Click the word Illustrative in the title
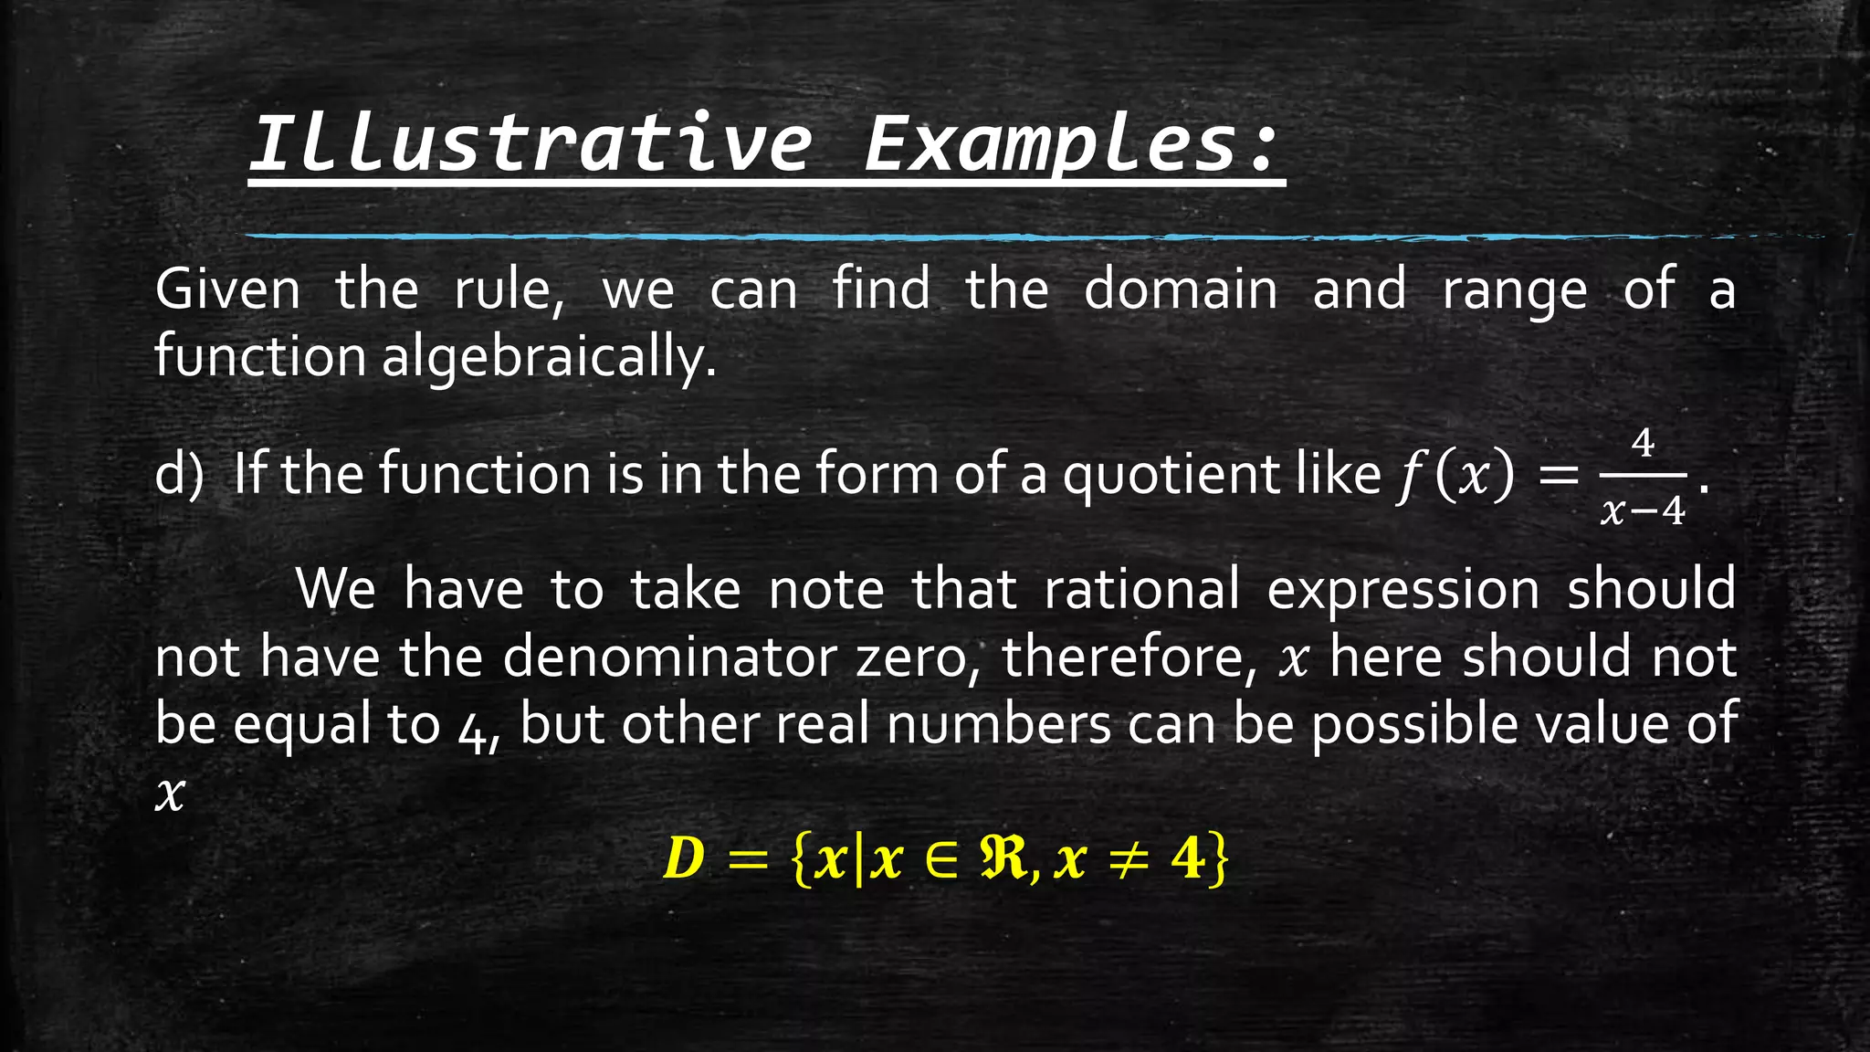tap(530, 143)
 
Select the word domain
tap(1181, 289)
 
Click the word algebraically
tap(548, 356)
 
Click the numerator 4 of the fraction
tap(1643, 444)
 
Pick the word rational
tap(1141, 589)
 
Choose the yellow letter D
tap(684, 858)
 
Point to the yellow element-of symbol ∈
tap(941, 859)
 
